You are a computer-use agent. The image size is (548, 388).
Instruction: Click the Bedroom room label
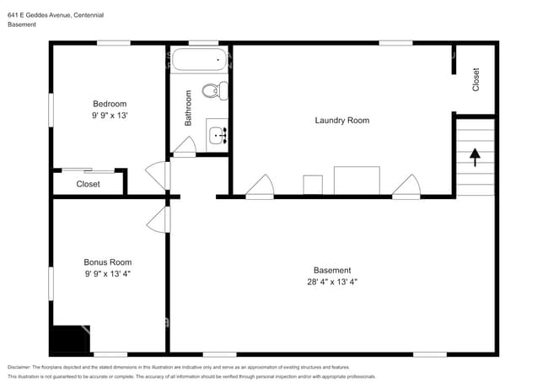click(109, 104)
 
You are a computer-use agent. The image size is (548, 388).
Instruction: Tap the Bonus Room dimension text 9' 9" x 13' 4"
click(107, 274)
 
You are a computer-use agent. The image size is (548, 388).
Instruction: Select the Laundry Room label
click(341, 121)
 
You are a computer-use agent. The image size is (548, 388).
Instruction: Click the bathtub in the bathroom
click(198, 61)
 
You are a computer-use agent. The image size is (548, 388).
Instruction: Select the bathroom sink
click(218, 133)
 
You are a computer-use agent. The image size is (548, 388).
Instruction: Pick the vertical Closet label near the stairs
click(475, 79)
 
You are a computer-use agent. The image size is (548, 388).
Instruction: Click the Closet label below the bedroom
click(88, 184)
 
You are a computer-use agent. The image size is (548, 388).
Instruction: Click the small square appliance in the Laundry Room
click(312, 185)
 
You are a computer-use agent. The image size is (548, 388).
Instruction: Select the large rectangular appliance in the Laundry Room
click(357, 181)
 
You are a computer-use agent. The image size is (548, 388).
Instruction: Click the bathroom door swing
click(184, 147)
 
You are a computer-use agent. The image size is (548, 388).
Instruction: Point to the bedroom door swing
click(158, 175)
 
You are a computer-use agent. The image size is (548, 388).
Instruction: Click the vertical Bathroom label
click(188, 109)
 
